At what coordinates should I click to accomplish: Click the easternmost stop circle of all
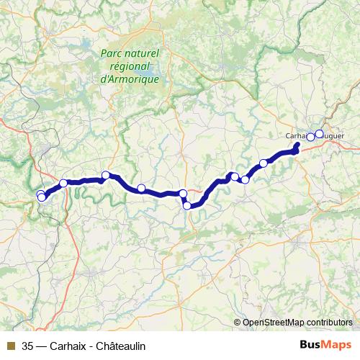pyautogui.click(x=320, y=134)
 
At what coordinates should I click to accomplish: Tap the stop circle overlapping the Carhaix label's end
pyautogui.click(x=311, y=137)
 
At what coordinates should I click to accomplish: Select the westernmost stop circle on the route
pyautogui.click(x=40, y=194)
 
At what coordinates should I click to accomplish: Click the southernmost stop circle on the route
pyautogui.click(x=187, y=206)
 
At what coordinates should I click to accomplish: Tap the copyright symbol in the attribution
pyautogui.click(x=237, y=322)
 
